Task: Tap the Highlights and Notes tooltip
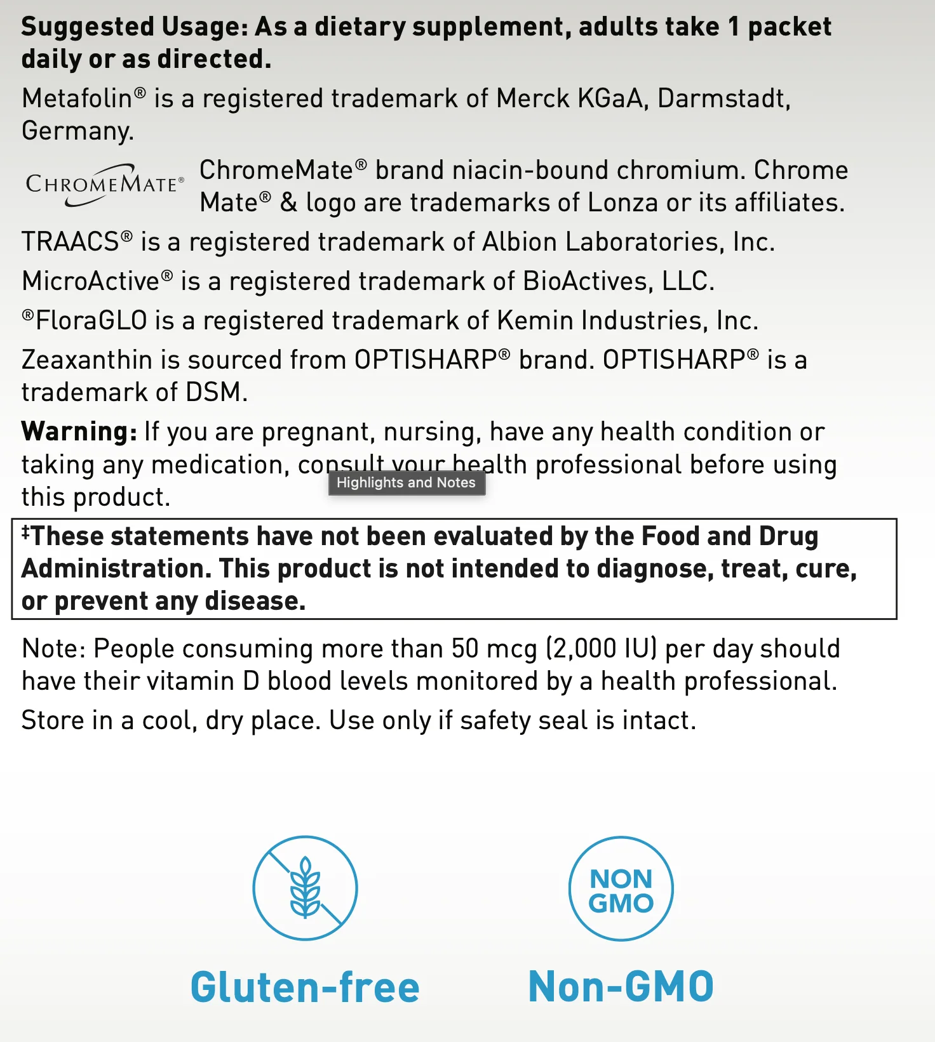[x=407, y=483]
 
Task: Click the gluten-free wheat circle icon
[x=306, y=888]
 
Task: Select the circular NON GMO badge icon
[x=621, y=888]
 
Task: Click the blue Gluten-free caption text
[x=306, y=987]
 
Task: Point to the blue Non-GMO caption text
[x=621, y=987]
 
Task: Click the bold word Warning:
[x=79, y=432]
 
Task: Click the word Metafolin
[x=77, y=99]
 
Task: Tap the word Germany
[x=77, y=131]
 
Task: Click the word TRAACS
[x=71, y=242]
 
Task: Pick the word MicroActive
[x=91, y=282]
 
